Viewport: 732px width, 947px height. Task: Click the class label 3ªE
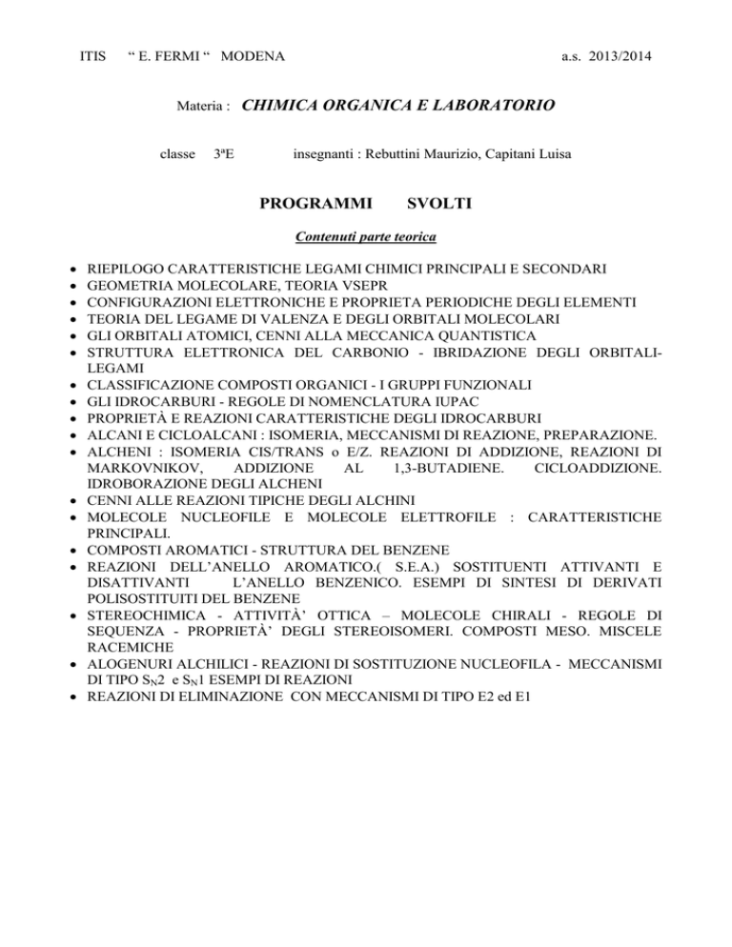tap(221, 153)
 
